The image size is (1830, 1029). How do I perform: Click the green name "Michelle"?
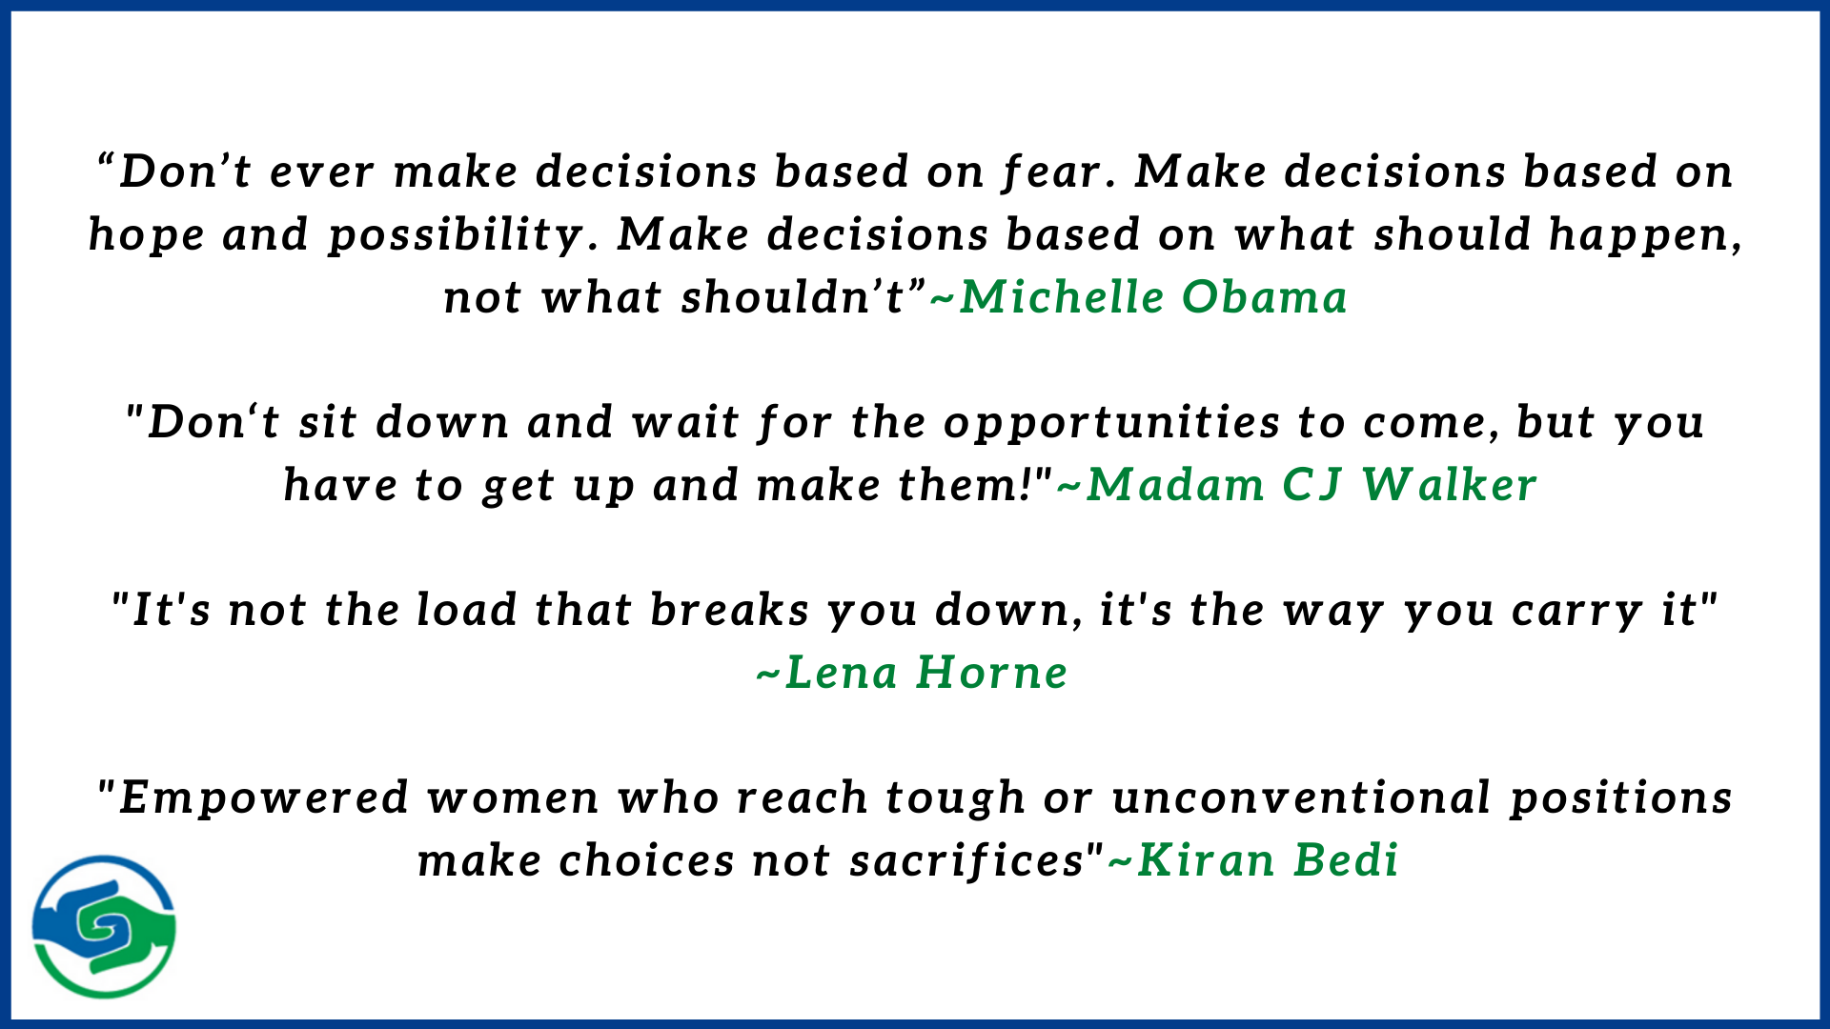coord(1061,297)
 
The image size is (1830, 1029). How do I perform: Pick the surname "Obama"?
coord(1265,297)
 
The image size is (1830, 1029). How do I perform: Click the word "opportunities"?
coord(1112,423)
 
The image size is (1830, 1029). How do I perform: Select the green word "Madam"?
coord(1175,485)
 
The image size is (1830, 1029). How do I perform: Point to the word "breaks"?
coord(729,610)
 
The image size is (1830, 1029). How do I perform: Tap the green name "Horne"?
coord(991,673)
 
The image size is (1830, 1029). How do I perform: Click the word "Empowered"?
coord(264,798)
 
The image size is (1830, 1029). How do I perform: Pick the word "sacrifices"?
coord(966,860)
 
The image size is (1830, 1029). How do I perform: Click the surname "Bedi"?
coord(1346,860)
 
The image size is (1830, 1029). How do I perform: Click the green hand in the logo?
coord(133,938)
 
